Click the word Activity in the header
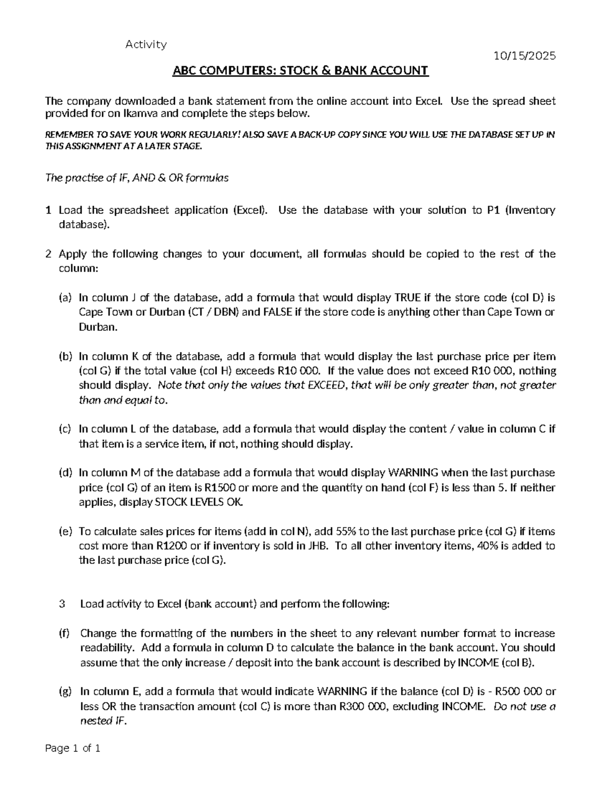point(146,45)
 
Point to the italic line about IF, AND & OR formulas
point(137,178)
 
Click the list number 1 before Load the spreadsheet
point(48,210)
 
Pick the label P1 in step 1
point(490,210)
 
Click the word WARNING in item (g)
point(342,691)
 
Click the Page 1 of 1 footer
point(73,748)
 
